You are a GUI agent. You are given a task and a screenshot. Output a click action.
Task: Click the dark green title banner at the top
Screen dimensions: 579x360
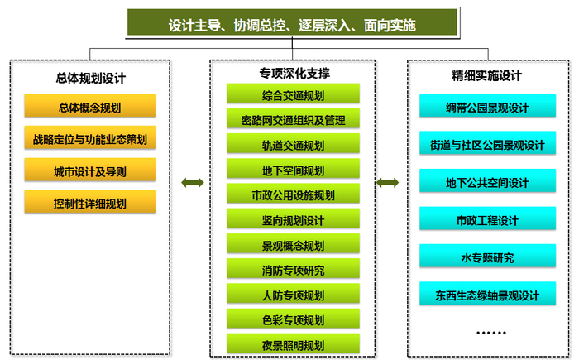292,22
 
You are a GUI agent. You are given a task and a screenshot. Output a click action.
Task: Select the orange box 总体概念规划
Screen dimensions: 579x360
89,106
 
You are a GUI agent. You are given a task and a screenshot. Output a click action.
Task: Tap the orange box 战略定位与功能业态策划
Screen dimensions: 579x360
89,137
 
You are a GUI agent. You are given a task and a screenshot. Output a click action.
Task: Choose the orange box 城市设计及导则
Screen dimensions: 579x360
89,170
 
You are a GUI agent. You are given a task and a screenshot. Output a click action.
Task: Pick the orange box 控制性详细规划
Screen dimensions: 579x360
89,201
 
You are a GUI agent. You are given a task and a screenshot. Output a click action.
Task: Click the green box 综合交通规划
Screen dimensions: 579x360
293,94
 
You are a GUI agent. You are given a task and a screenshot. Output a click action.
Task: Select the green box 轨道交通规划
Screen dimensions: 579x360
293,143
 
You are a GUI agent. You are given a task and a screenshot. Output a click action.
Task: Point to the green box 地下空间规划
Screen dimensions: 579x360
293,169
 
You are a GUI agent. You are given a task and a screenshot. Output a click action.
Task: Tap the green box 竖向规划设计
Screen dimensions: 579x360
293,218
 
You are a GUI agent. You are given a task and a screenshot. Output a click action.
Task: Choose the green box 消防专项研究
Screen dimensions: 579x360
293,268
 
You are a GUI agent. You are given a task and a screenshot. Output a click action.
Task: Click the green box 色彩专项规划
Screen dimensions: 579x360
293,319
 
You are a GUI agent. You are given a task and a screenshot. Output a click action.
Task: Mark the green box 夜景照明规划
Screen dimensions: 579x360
293,343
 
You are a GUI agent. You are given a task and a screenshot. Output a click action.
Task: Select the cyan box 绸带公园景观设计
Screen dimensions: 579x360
487,106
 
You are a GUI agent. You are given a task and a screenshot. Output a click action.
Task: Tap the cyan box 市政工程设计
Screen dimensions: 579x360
487,218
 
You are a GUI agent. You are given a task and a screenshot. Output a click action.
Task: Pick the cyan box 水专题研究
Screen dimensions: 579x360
487,256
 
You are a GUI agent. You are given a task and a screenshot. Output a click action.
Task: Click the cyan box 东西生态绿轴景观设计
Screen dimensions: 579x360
487,294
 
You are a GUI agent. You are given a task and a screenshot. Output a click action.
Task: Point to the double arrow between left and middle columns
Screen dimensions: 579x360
193,183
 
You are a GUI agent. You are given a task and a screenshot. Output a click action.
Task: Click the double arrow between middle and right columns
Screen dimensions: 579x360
387,183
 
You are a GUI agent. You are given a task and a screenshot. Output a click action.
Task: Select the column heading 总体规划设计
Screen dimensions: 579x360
91,78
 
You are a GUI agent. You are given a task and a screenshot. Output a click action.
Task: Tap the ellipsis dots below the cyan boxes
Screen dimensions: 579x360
490,333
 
